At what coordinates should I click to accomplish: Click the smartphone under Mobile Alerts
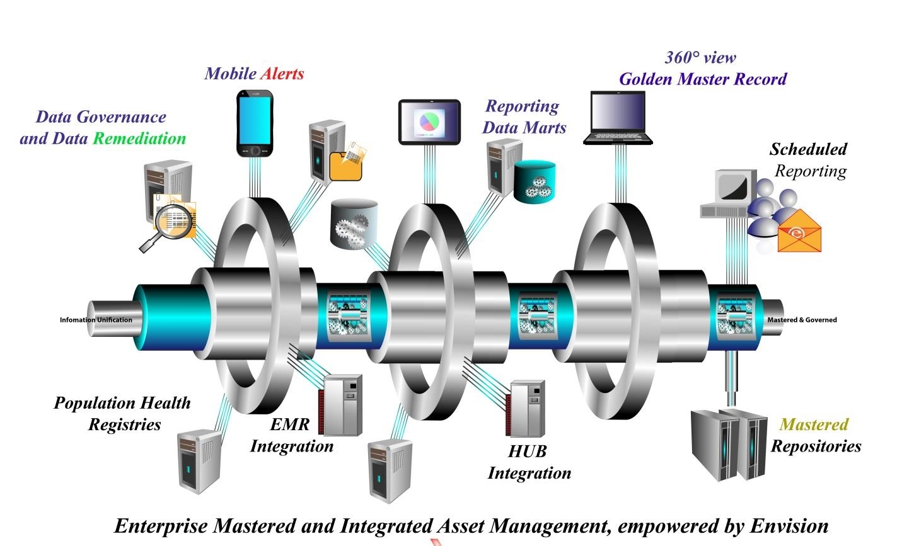click(x=255, y=123)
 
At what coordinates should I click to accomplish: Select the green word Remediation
click(x=139, y=139)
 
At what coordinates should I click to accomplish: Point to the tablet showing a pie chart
click(x=429, y=121)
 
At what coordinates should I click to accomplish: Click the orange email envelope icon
click(x=799, y=231)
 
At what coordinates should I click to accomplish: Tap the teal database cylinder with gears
click(x=535, y=182)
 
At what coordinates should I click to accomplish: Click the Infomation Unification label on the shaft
click(x=96, y=320)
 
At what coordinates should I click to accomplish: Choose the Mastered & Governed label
click(x=802, y=320)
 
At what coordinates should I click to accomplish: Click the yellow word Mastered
click(x=814, y=424)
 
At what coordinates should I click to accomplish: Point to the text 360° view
click(x=700, y=57)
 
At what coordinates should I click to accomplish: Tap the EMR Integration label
click(x=291, y=435)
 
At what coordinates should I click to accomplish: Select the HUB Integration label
click(x=529, y=462)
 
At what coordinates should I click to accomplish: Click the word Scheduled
click(x=807, y=149)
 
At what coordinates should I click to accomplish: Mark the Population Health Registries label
click(x=122, y=414)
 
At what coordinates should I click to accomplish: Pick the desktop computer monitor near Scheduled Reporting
click(x=731, y=190)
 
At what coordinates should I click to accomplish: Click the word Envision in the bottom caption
click(x=789, y=525)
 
